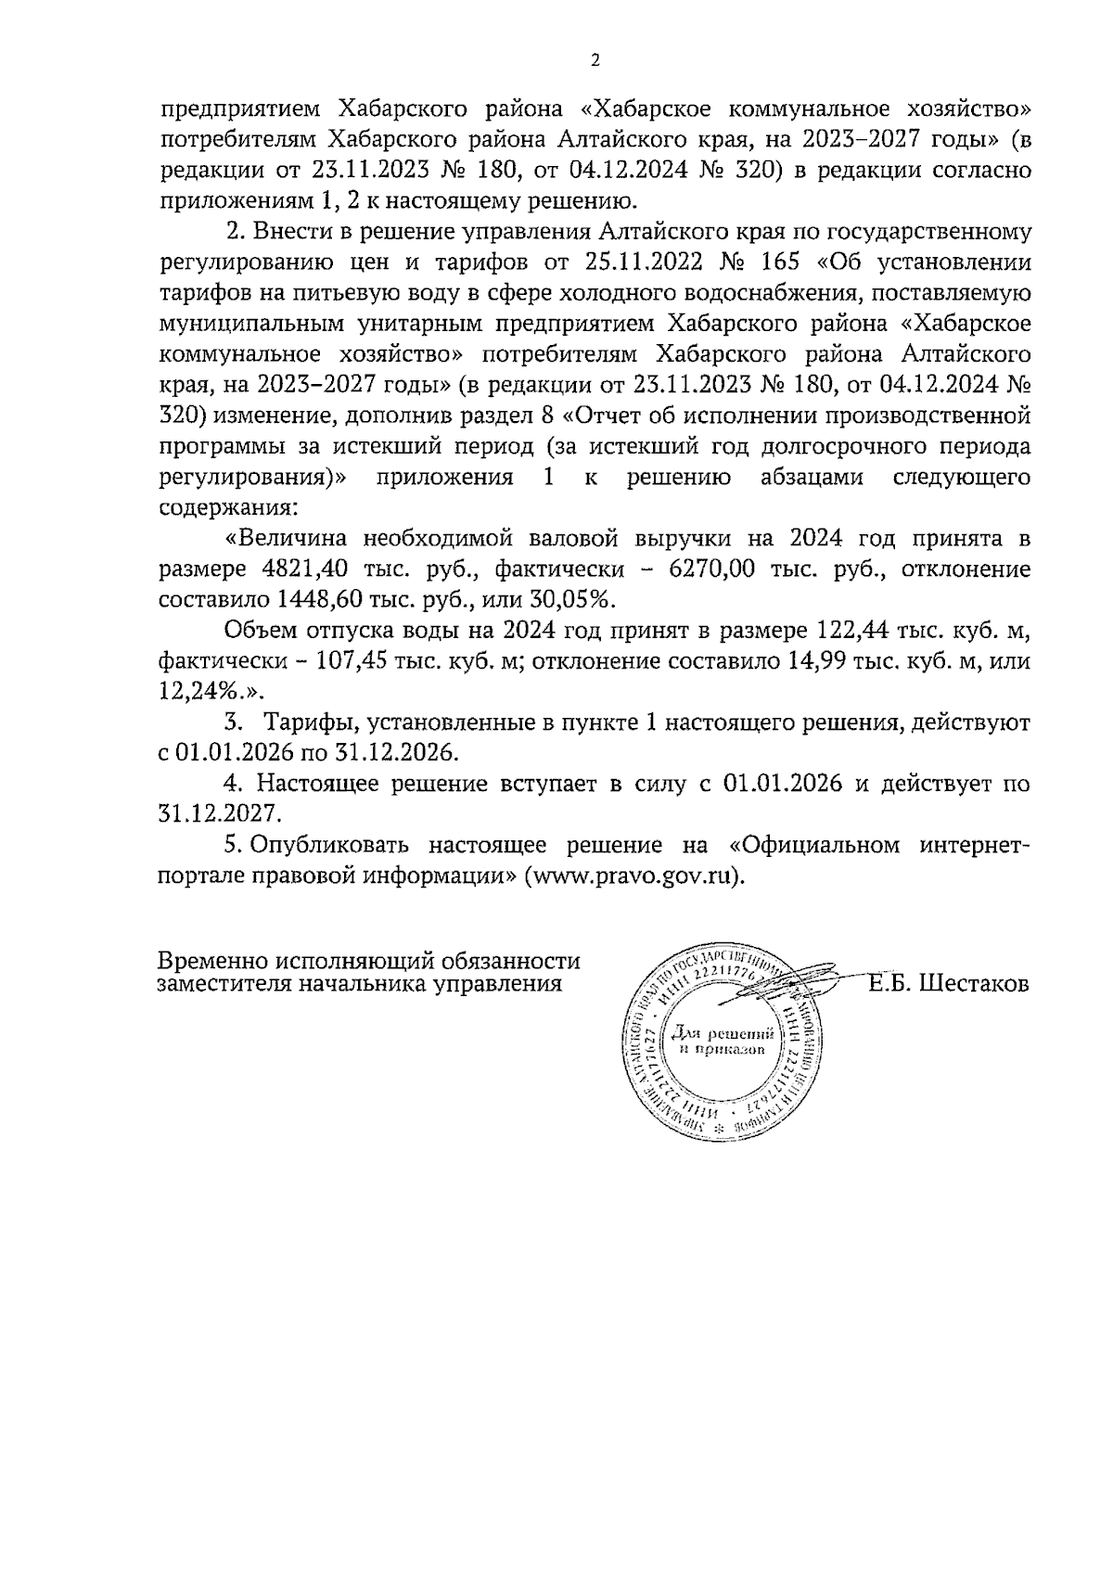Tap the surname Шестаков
point(974,984)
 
